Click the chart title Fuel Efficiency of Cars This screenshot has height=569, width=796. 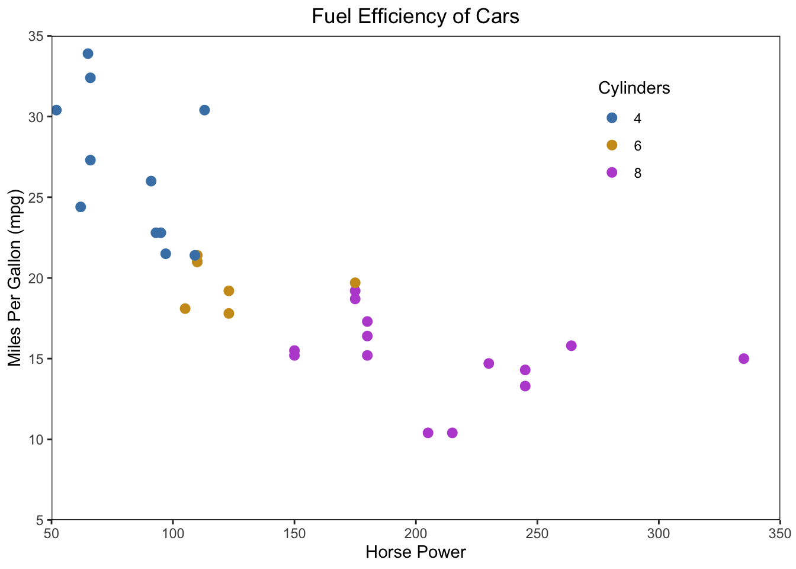[x=415, y=17]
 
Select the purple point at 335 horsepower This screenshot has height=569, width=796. [x=744, y=359]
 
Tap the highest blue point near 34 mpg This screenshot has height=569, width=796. [x=88, y=53]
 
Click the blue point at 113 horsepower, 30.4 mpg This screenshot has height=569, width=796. [x=204, y=110]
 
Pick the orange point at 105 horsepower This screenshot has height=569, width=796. [x=185, y=309]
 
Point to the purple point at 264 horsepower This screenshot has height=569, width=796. [x=571, y=346]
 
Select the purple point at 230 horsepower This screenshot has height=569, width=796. [x=489, y=363]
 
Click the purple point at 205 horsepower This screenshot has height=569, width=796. [x=428, y=433]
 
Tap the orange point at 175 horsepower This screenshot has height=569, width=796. [x=355, y=283]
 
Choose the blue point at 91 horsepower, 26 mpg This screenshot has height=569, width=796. [x=151, y=181]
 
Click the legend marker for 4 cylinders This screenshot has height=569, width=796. [x=612, y=118]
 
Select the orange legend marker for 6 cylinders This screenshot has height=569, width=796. [x=612, y=145]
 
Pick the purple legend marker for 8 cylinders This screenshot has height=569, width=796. [x=612, y=172]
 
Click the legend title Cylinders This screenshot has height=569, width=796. [x=634, y=88]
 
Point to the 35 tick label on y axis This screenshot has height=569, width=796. [x=37, y=37]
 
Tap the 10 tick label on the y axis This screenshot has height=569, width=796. [x=37, y=439]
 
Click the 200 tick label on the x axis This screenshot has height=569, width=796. [x=416, y=533]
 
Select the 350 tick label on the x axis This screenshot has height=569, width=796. [x=780, y=533]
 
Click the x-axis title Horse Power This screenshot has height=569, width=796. [x=416, y=552]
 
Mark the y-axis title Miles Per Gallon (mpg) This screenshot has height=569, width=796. [x=14, y=278]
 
